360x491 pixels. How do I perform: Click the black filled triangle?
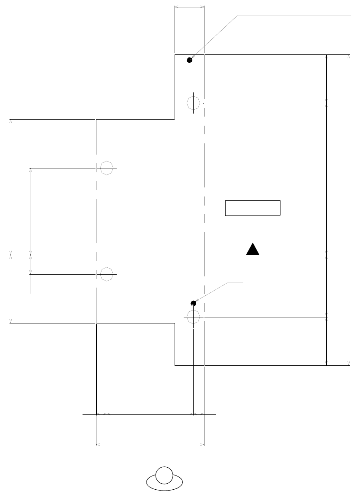(253, 250)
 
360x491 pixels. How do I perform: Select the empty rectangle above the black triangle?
(253, 208)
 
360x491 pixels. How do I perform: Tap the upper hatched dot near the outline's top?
(189, 60)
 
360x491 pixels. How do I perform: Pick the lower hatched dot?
(193, 304)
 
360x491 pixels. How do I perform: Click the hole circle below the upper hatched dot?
(193, 103)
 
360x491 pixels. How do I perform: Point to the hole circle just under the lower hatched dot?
(193, 317)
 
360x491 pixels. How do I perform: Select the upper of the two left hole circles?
(106, 167)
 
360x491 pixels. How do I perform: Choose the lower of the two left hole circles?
(106, 274)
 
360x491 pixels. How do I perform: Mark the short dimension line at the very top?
(189, 6)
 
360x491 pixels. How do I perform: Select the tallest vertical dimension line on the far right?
(349, 210)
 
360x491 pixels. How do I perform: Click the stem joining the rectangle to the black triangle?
(253, 229)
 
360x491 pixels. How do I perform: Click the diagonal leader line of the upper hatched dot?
(214, 37)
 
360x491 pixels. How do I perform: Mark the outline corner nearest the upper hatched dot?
(175, 55)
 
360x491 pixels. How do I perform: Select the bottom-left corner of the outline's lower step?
(175, 365)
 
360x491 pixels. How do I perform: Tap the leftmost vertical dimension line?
(10, 221)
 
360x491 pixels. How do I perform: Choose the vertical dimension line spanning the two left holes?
(31, 221)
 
